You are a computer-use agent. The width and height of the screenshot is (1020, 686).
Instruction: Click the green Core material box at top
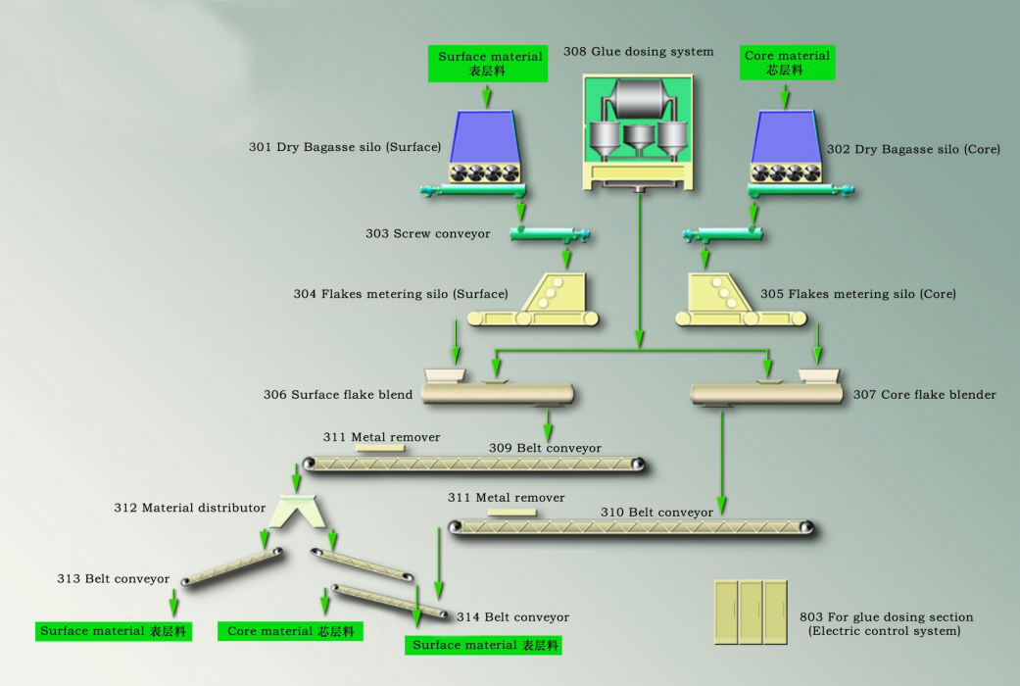coord(787,63)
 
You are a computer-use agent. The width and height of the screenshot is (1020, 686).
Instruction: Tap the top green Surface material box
coord(488,64)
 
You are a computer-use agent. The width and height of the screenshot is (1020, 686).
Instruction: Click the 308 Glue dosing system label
coord(638,51)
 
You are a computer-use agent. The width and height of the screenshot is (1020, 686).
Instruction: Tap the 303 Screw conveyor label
coord(427,233)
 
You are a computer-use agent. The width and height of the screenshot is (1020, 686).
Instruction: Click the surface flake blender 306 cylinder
coord(498,393)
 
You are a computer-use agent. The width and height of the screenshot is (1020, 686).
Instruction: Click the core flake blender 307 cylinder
coord(766,394)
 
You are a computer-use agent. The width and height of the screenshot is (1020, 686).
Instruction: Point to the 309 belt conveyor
coord(474,465)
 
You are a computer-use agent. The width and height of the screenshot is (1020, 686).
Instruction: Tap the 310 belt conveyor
coord(631,527)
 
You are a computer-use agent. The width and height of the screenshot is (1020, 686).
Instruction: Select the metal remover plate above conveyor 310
coord(511,513)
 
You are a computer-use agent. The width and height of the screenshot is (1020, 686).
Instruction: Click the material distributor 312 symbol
coord(297,511)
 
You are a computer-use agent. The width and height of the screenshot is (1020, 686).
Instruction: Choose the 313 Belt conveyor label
coord(114,578)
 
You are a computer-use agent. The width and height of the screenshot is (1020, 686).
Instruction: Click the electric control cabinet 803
coord(751,612)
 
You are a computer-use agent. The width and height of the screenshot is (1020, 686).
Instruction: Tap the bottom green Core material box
coord(290,631)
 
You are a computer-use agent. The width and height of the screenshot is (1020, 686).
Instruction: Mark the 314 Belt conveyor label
coord(512,617)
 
